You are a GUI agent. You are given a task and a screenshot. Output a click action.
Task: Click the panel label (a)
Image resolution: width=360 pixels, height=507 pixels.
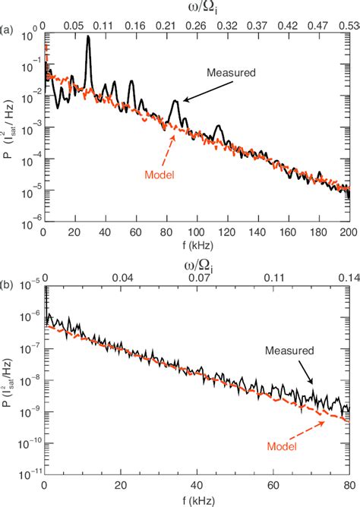(x=7, y=31)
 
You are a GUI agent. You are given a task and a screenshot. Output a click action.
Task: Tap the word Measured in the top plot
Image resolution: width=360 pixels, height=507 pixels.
(x=230, y=73)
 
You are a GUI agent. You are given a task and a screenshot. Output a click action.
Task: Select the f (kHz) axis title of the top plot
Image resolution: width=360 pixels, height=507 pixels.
(x=196, y=245)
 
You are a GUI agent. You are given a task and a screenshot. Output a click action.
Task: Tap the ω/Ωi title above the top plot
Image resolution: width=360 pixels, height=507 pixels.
(x=197, y=8)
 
